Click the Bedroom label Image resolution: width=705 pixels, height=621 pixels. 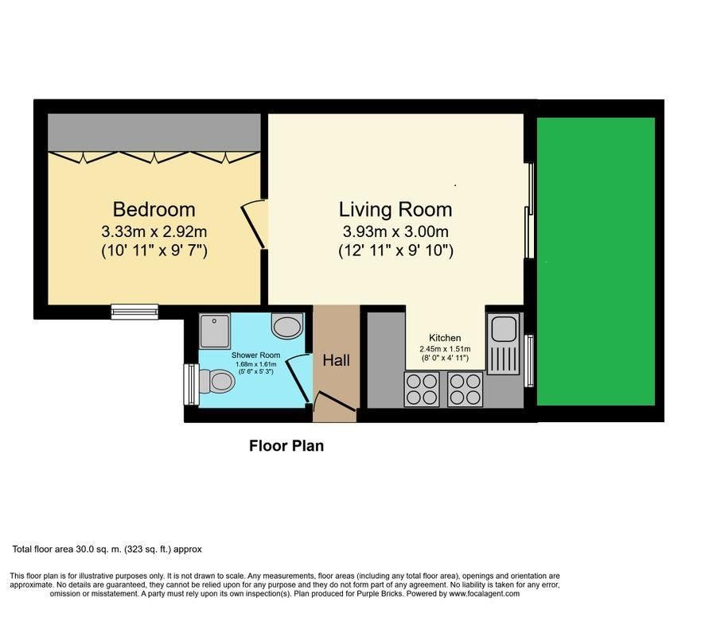coord(154,209)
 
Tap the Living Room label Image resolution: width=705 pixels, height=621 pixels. coord(395,209)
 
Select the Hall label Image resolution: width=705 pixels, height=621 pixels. coord(337,360)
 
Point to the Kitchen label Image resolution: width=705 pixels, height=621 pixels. coord(445,338)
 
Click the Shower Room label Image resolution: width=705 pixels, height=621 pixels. coord(255,355)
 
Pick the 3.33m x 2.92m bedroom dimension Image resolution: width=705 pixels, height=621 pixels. coord(154,232)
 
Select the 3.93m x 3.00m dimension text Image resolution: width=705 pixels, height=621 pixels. coord(395,232)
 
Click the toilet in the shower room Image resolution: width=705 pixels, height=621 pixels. coord(216,381)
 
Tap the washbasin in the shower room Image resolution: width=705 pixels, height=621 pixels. coord(288,326)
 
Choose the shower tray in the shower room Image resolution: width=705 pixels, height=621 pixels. coord(215,331)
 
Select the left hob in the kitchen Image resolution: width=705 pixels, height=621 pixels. coord(422,390)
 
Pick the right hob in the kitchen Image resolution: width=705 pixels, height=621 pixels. coord(465,390)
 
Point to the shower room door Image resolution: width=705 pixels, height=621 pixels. coord(296,378)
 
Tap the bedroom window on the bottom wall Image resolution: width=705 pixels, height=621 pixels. coord(135,312)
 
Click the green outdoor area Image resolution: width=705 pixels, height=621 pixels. coord(596,262)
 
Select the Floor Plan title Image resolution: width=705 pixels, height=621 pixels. coord(286,446)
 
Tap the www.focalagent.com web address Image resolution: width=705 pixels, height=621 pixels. coord(485,594)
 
